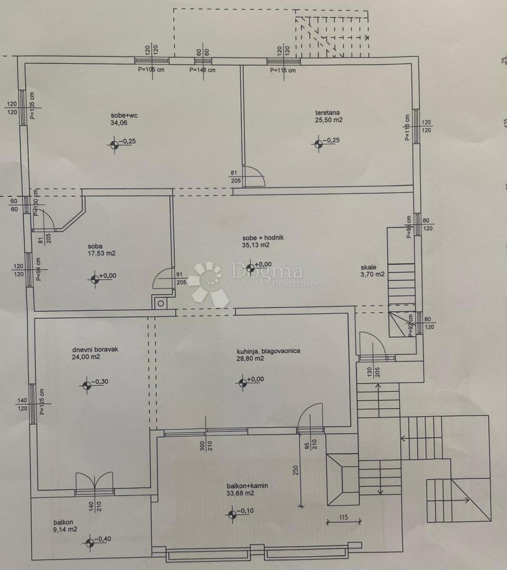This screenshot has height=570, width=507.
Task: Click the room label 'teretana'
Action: pyautogui.click(x=328, y=113)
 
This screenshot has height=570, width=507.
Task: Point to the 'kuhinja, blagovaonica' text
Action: pyautogui.click(x=268, y=351)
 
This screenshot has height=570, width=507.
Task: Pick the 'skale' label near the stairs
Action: pyautogui.click(x=368, y=267)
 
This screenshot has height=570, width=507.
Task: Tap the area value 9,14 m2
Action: pyautogui.click(x=66, y=529)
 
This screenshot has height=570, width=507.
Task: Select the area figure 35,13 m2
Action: pyautogui.click(x=256, y=245)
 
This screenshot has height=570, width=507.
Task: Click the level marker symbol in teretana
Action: pyautogui.click(x=318, y=141)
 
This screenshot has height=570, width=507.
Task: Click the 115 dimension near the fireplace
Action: pyautogui.click(x=344, y=517)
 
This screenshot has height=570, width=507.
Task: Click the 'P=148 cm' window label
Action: pyautogui.click(x=202, y=70)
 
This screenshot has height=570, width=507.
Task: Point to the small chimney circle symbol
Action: pyautogui.click(x=160, y=303)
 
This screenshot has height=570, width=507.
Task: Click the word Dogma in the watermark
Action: pyautogui.click(x=267, y=272)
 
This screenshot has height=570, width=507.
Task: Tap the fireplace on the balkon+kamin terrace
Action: pyautogui.click(x=342, y=480)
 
